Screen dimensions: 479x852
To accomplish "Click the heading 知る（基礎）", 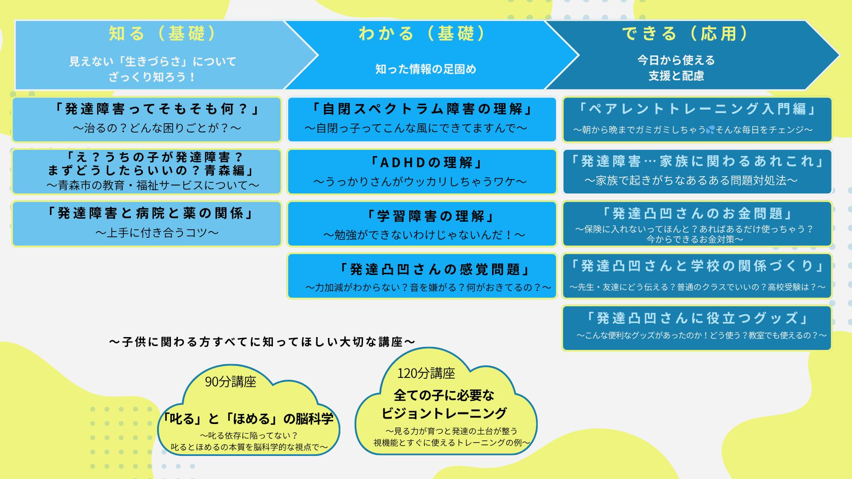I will [x=162, y=34].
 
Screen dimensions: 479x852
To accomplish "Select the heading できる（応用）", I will [x=686, y=34].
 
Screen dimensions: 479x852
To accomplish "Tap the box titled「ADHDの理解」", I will [x=422, y=172].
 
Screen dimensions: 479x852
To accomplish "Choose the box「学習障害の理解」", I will [x=422, y=224].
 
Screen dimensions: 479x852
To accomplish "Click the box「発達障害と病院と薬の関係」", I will [x=147, y=224].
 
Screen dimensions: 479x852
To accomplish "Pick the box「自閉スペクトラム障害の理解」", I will [x=422, y=119].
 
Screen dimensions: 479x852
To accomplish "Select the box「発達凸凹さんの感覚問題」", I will [x=422, y=276].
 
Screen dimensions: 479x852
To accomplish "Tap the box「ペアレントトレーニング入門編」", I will [x=697, y=119].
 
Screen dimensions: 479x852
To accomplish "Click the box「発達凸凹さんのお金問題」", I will [x=697, y=224].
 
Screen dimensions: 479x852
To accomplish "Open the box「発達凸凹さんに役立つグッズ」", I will [x=697, y=328].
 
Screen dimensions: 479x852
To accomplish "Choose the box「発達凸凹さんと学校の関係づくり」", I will [x=697, y=276].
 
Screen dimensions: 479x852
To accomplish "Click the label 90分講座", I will [x=231, y=381].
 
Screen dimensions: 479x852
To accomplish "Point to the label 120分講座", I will [x=426, y=373].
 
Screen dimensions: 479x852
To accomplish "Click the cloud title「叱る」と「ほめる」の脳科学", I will [x=248, y=419].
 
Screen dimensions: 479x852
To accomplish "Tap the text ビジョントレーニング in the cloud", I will [x=444, y=413].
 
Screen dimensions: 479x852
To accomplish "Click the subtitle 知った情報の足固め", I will [x=426, y=69].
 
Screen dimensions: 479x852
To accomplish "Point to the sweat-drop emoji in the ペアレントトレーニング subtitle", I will [x=710, y=130].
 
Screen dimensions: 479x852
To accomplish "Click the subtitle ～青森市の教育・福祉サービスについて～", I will [x=153, y=185].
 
